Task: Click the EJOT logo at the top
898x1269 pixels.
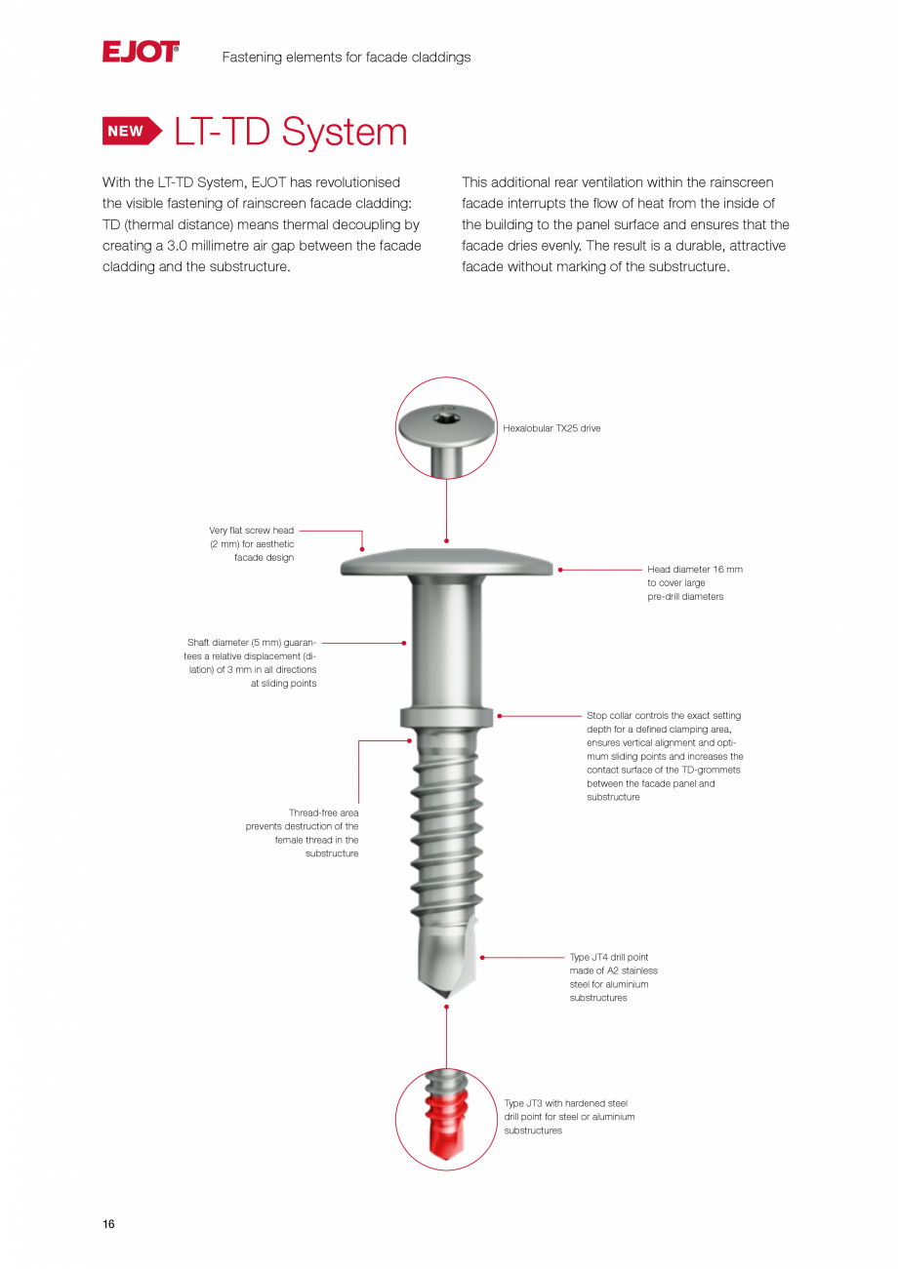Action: coord(141,52)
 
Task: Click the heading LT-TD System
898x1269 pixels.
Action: coord(290,133)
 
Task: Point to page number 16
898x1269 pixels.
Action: coord(108,1224)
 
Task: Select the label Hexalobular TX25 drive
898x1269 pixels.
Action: coord(551,428)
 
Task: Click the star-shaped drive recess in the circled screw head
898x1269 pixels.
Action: coord(447,421)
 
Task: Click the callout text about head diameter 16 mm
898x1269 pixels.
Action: coord(694,582)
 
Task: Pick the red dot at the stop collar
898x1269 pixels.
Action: coord(500,716)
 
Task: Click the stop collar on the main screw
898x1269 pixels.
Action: coord(446,718)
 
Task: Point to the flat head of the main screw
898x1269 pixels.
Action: coord(446,563)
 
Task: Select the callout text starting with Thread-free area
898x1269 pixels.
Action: coord(303,833)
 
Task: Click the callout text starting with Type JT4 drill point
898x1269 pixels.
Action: coord(612,977)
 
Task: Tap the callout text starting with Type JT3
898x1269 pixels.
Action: coord(569,1117)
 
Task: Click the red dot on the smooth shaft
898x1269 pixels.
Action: coord(404,643)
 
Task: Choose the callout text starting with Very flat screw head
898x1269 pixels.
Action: coord(253,544)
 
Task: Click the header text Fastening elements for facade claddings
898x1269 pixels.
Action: coord(346,58)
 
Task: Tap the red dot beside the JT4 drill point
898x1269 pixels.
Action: coord(482,958)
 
